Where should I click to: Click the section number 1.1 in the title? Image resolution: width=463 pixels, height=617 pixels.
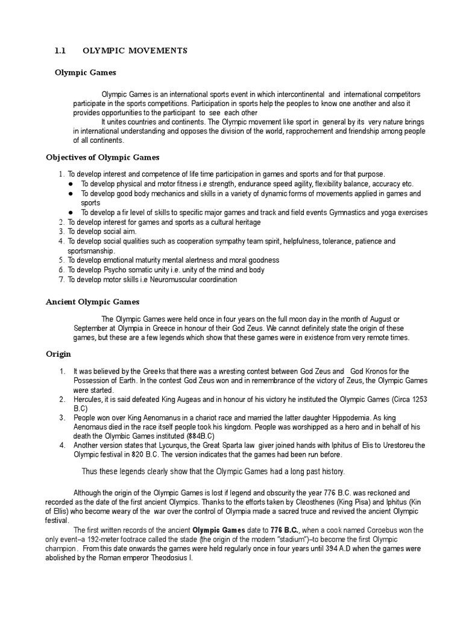(60, 51)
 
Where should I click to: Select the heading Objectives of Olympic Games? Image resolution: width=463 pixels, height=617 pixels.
(102, 157)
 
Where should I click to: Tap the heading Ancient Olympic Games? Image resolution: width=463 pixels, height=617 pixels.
(93, 302)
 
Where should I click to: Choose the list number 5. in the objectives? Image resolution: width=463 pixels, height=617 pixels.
(61, 260)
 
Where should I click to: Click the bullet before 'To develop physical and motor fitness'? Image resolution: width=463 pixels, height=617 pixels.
(71, 184)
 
